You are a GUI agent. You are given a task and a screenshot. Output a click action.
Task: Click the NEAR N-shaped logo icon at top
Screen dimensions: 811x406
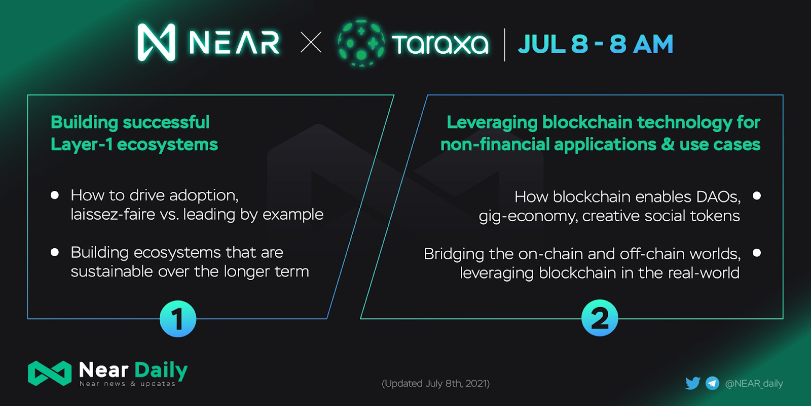pyautogui.click(x=157, y=43)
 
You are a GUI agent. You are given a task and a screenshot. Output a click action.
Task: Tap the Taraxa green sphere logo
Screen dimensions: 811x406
pyautogui.click(x=361, y=43)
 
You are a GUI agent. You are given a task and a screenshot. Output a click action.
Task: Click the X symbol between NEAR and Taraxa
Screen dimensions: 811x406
pyautogui.click(x=311, y=43)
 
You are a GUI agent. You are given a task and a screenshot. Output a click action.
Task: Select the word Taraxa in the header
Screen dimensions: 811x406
pyautogui.click(x=440, y=44)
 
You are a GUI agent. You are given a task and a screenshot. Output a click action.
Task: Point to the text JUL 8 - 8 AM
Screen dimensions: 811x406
pyautogui.click(x=596, y=44)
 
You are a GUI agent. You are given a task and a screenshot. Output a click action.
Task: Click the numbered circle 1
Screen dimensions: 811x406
pyautogui.click(x=178, y=319)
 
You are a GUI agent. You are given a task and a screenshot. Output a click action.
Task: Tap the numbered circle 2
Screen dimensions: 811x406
pyautogui.click(x=600, y=318)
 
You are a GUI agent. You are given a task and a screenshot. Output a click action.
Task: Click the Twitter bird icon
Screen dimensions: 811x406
pyautogui.click(x=693, y=383)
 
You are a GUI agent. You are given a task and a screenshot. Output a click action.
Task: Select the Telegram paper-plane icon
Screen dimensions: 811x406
pyautogui.click(x=713, y=383)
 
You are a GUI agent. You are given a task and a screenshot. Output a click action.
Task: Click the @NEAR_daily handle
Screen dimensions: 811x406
pyautogui.click(x=754, y=384)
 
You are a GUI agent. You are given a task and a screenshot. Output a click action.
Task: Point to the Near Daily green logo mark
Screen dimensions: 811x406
pyautogui.click(x=50, y=373)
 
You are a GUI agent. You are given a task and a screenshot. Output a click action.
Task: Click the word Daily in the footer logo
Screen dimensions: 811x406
pyautogui.click(x=161, y=370)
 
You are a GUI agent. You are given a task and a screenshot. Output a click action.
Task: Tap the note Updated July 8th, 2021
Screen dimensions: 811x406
pyautogui.click(x=435, y=384)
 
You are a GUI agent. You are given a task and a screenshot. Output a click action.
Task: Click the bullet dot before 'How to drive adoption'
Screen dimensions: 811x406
pyautogui.click(x=55, y=195)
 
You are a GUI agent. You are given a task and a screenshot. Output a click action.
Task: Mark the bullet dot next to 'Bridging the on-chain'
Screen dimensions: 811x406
pyautogui.click(x=757, y=253)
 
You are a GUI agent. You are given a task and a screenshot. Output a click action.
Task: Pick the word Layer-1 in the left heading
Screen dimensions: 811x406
pyautogui.click(x=82, y=145)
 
